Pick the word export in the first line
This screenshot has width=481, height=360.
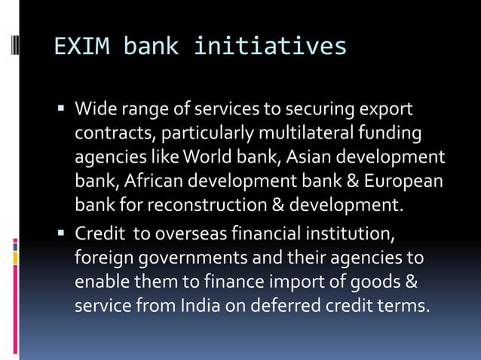tap(388, 110)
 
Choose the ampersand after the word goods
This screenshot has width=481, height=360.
tap(413, 282)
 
